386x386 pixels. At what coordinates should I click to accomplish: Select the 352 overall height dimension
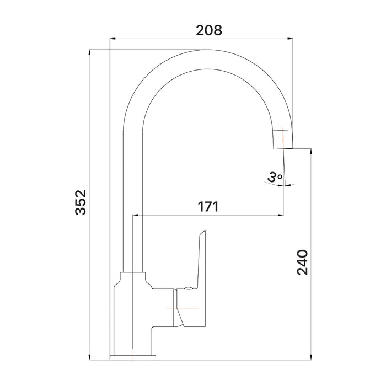tap(81, 202)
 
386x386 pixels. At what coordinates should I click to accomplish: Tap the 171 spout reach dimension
tap(208, 207)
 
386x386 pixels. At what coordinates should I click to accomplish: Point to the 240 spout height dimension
tap(302, 263)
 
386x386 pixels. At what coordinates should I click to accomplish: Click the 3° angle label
tap(275, 177)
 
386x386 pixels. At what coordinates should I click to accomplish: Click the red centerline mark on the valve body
tap(182, 307)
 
